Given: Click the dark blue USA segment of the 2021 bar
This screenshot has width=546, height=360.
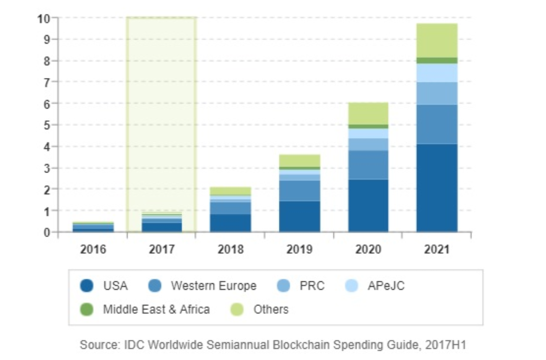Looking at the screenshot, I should (437, 188).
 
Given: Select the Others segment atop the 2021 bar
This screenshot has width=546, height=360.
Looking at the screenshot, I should (437, 40).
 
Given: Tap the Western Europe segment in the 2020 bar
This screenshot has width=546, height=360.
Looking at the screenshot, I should (368, 165).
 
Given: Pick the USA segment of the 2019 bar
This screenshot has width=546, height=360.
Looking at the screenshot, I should (299, 216).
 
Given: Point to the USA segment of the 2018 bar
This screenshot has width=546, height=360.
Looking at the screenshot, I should (230, 223).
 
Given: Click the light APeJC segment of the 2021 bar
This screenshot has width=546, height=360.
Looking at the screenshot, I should (437, 73).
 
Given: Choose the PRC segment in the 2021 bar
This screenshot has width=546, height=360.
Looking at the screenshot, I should (437, 93).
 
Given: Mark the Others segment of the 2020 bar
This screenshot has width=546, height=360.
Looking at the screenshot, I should (368, 113).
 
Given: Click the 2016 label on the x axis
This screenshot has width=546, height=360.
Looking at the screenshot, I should (93, 250).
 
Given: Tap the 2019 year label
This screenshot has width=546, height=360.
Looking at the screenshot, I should (299, 250).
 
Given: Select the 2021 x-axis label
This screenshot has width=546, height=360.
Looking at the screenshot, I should (437, 250).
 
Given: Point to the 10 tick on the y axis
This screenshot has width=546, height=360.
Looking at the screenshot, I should (44, 18).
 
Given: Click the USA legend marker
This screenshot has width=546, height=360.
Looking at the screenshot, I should (87, 286).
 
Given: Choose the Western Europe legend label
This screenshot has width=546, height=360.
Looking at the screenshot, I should (213, 286).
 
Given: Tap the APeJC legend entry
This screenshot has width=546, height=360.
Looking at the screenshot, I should (386, 286).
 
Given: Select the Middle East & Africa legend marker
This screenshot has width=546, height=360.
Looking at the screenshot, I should (87, 310).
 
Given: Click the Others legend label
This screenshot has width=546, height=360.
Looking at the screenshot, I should (271, 310).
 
